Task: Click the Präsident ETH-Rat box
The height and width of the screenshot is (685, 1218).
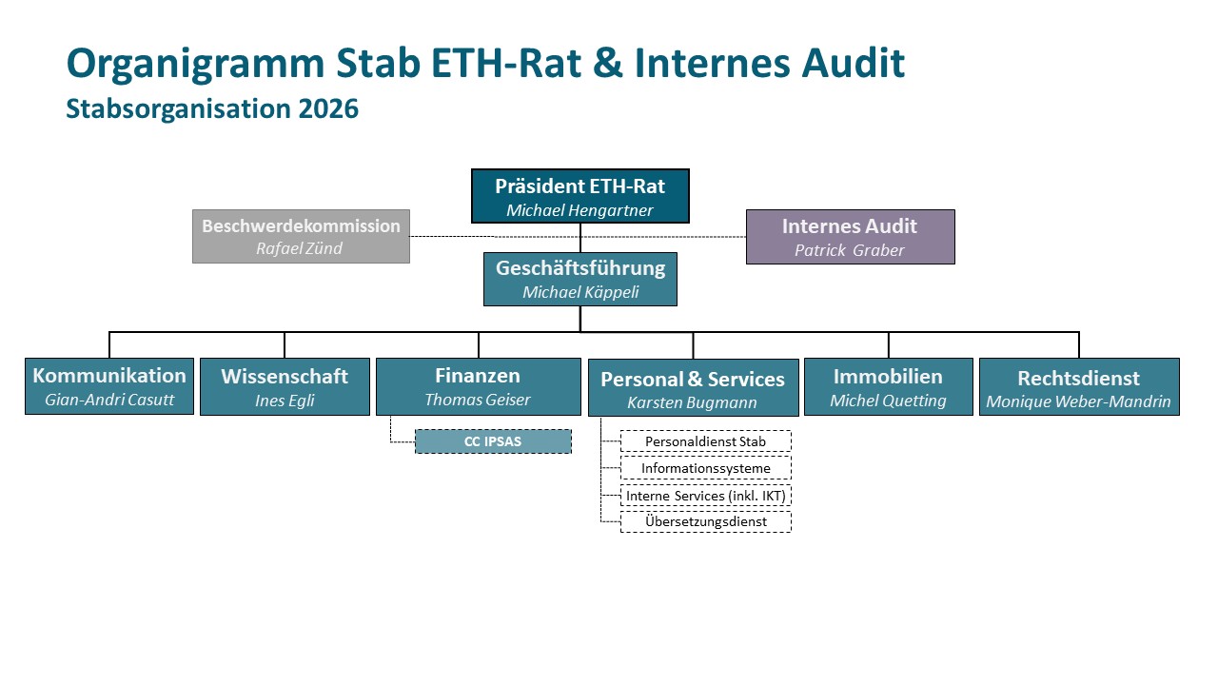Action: click(580, 196)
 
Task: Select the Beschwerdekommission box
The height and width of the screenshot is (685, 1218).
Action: click(301, 237)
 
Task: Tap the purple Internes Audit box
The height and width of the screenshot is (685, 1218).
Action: click(851, 237)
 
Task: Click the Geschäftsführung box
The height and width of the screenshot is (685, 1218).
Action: click(580, 279)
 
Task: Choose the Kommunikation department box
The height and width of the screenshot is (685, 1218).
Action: click(109, 386)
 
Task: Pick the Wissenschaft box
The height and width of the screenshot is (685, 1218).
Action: click(285, 386)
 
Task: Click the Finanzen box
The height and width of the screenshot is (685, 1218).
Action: click(479, 386)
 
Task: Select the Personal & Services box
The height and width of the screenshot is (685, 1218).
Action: click(694, 387)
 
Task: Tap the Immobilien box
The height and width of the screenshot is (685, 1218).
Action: click(889, 386)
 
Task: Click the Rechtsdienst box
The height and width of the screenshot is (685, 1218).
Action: click(1079, 386)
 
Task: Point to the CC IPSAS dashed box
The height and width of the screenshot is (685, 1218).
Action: click(493, 441)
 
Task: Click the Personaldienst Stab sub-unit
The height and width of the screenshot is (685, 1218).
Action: click(706, 441)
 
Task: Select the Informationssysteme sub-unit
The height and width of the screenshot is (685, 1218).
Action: click(706, 468)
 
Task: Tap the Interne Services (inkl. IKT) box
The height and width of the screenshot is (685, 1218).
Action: click(706, 496)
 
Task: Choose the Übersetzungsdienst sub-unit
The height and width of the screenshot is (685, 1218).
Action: click(706, 522)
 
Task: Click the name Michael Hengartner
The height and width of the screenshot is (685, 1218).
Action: click(580, 210)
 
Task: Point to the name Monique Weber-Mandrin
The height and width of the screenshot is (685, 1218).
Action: click(1079, 401)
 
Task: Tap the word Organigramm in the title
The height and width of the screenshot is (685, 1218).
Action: click(196, 64)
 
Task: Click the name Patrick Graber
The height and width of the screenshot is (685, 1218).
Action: click(850, 250)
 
